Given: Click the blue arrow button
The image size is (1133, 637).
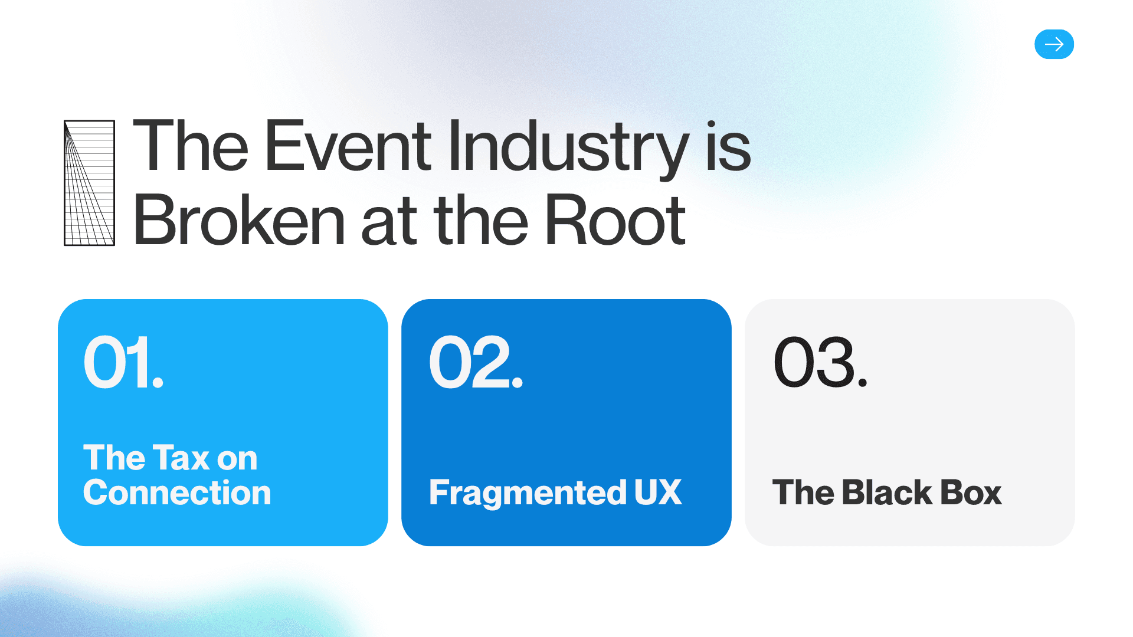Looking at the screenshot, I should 1054,44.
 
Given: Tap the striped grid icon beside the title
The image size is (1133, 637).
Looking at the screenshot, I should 89,183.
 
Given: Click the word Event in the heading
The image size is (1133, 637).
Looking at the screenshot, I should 348,146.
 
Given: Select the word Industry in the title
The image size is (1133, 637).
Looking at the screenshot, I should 568,147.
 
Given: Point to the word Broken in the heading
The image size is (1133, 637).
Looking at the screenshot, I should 239,221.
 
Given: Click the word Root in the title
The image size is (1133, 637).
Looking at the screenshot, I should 614,221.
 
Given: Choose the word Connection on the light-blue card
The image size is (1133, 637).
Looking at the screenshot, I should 177,492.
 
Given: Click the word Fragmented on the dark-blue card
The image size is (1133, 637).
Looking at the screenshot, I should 528,493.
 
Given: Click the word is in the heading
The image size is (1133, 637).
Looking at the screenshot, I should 728,147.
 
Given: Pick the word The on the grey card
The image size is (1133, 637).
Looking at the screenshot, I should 803,492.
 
